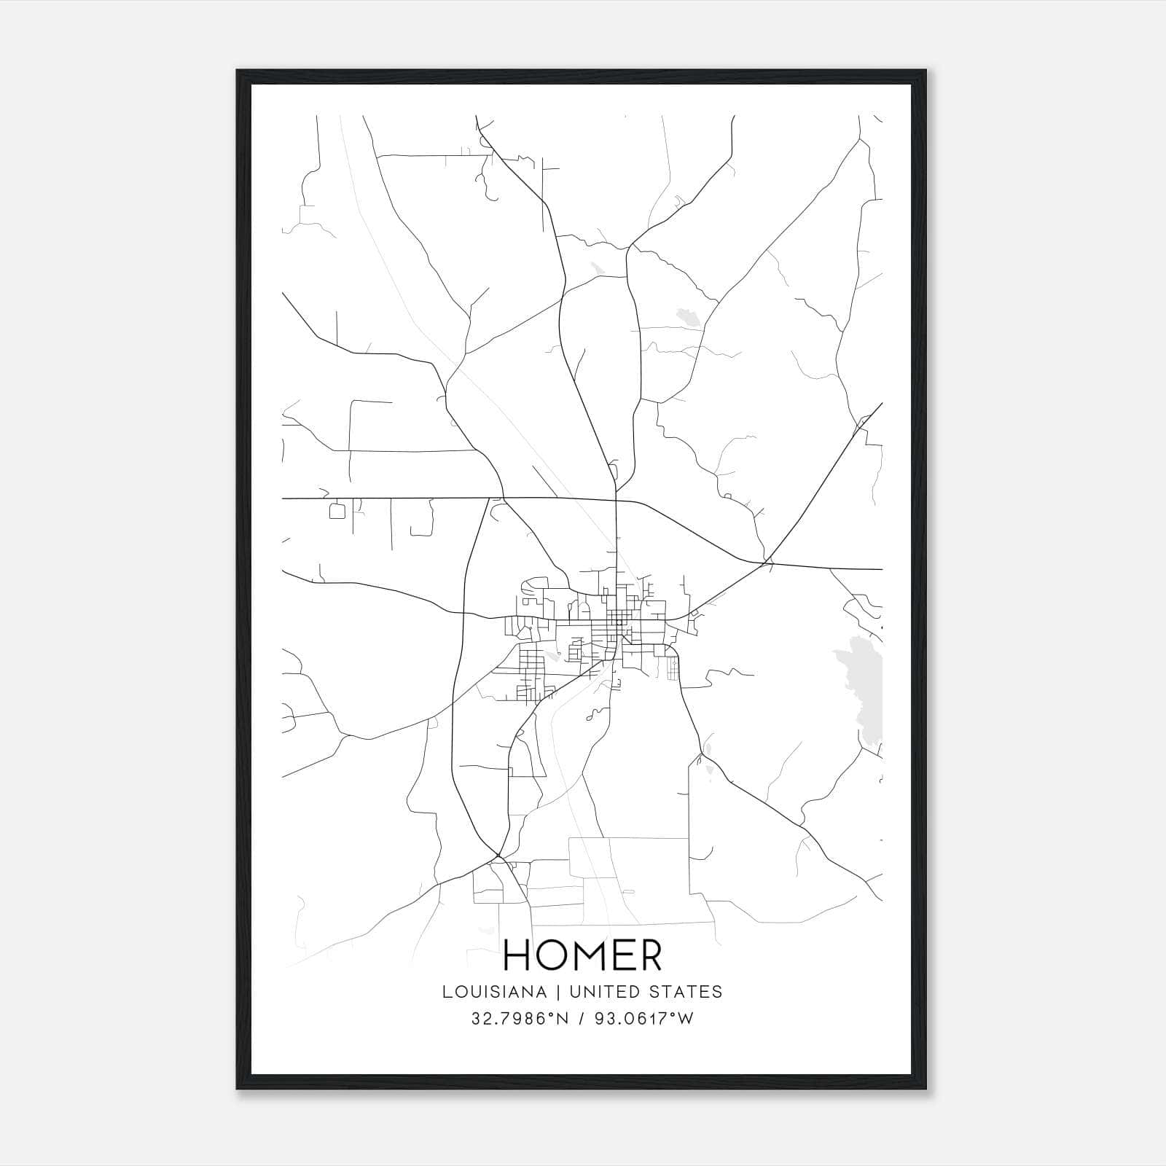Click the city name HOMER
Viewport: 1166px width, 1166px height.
click(x=582, y=955)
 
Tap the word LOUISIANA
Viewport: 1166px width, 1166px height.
click(x=493, y=992)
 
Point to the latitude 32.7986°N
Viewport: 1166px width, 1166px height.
click(x=519, y=1019)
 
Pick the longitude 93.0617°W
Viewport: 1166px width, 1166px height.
click(x=644, y=1019)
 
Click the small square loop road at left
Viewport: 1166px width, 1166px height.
click(x=337, y=511)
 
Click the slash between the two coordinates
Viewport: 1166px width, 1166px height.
click(x=581, y=1019)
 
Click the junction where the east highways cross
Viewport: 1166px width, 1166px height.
click(x=767, y=562)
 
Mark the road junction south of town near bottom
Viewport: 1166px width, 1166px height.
click(x=498, y=855)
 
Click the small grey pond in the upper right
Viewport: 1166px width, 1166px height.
click(x=686, y=316)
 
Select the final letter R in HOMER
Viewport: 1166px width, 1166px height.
click(x=649, y=955)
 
